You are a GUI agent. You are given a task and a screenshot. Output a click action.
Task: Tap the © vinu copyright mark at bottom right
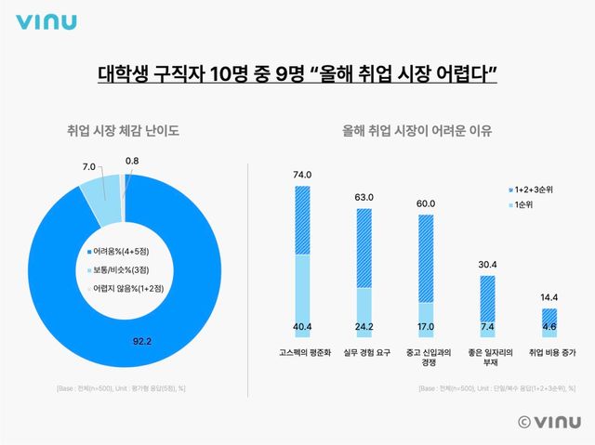coord(548,421)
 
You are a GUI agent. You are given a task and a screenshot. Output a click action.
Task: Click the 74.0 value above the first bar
coord(301,175)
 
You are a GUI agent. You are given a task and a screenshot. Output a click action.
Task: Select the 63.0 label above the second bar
coord(364,197)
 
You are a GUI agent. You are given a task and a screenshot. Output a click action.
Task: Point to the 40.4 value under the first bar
coord(301,327)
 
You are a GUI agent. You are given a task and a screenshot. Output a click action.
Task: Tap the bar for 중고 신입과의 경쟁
coord(425,269)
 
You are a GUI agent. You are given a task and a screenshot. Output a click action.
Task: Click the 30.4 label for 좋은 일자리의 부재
coord(487,264)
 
